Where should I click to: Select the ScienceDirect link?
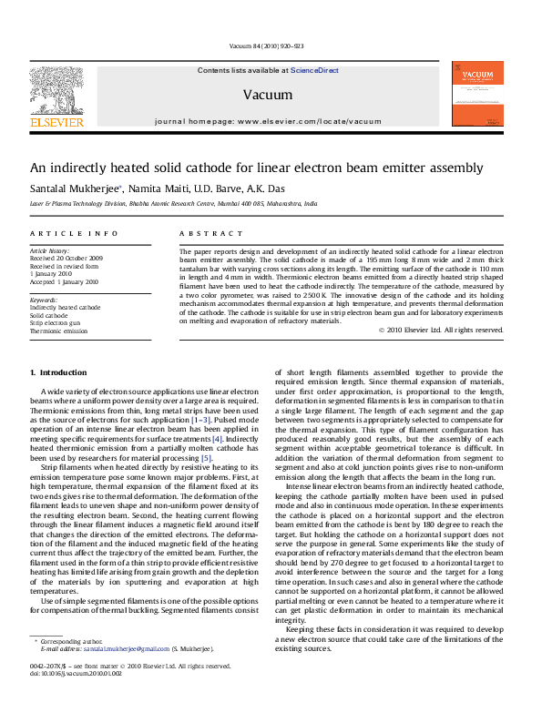coord(315,70)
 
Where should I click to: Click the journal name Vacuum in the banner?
coord(268,95)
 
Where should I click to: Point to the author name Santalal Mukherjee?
coord(74,187)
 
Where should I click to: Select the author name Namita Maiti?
coord(157,187)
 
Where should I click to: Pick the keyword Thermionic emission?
coord(59,331)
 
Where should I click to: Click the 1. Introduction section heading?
coord(59,372)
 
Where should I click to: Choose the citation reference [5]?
coord(207,457)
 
